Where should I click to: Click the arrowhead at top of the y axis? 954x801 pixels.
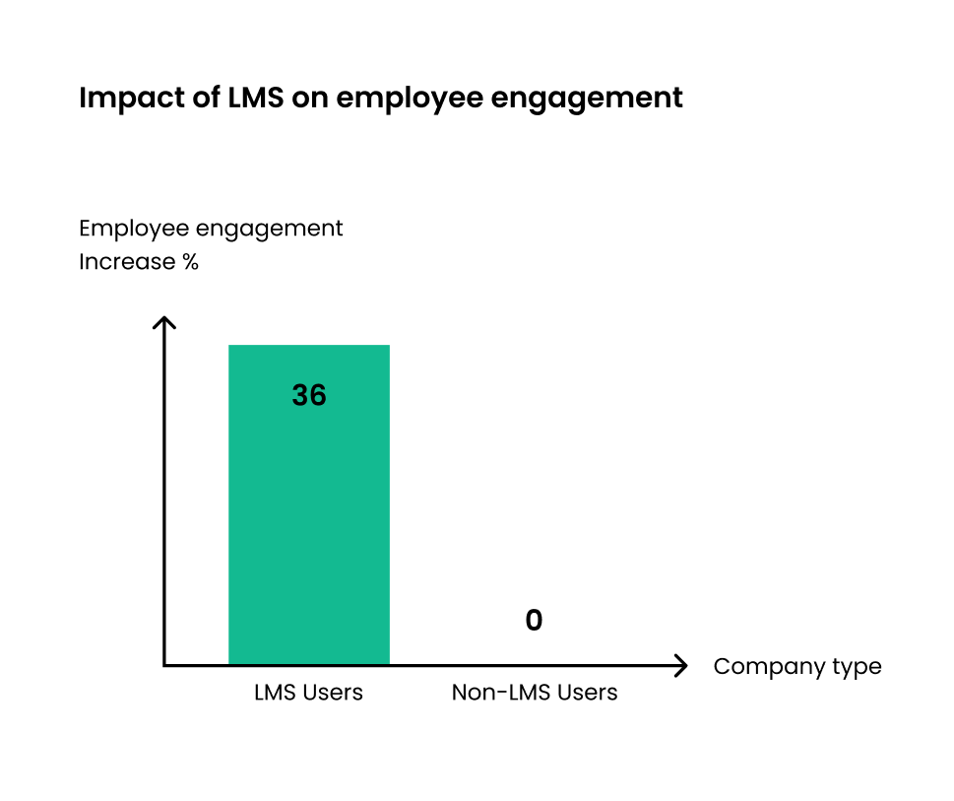pos(165,322)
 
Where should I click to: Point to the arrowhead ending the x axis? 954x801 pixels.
pos(680,666)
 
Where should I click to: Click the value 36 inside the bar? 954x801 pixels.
pos(309,396)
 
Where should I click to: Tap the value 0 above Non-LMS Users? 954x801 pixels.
pos(534,621)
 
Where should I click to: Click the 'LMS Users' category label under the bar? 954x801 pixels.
pos(308,693)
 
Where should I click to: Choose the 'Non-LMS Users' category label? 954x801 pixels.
pos(534,693)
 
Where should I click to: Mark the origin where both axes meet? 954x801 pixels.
pos(165,666)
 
